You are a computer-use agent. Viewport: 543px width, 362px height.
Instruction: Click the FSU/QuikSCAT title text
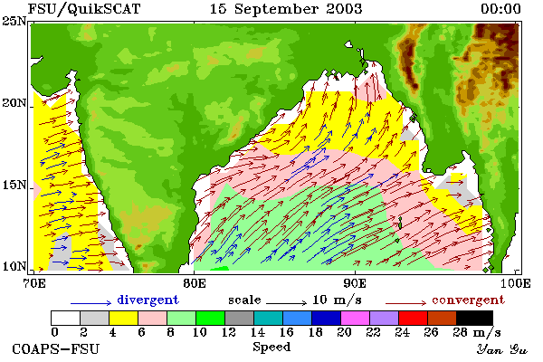pos(84,9)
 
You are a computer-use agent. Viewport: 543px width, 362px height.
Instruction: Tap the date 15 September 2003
pos(286,9)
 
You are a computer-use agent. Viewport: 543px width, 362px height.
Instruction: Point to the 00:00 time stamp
pos(500,9)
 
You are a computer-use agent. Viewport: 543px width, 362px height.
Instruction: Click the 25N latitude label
pos(14,22)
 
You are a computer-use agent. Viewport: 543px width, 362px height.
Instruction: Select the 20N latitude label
pos(14,103)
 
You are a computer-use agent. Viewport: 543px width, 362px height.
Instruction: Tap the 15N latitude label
pos(14,185)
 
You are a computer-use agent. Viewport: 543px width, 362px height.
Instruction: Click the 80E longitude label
pos(195,283)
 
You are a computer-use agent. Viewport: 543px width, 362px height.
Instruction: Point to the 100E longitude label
pos(515,283)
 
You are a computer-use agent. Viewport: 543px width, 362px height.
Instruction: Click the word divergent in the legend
pos(148,300)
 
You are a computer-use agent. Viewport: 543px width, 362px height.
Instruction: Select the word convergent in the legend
pos(468,300)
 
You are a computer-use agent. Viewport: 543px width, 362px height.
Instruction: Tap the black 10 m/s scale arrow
pos(286,303)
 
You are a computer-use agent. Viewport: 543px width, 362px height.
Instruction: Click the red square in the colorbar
pos(413,318)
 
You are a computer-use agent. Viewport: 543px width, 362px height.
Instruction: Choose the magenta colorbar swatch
pos(355,318)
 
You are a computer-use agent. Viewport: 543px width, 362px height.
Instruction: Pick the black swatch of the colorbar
pos(474,318)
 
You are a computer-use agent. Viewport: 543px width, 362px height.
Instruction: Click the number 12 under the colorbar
pos(229,332)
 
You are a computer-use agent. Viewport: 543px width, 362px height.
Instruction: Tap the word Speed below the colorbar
pos(271,347)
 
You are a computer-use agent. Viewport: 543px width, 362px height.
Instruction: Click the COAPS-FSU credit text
pos(55,348)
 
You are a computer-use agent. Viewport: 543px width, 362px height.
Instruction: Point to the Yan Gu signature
pos(502,349)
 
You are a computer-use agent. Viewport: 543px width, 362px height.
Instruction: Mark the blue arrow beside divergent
pos(90,303)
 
